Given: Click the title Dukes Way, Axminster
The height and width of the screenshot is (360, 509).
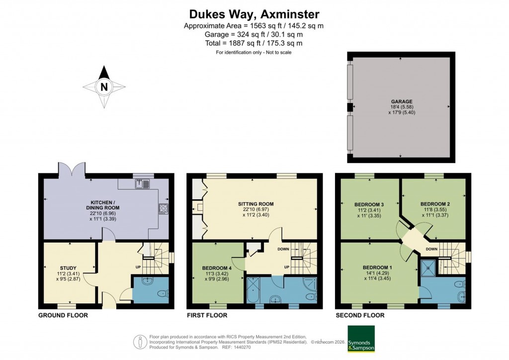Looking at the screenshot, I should (x=254, y=14).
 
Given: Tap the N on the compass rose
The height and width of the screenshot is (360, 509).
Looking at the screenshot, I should (x=104, y=87).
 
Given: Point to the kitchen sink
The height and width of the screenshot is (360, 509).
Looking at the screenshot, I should (x=142, y=184).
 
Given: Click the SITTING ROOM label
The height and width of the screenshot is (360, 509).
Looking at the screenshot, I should (x=255, y=204).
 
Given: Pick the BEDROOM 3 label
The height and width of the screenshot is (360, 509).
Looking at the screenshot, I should (x=367, y=204).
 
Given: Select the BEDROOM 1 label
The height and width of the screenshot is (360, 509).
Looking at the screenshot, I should (x=377, y=268).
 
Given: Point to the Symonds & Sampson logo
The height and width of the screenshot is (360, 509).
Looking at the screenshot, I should (x=360, y=339).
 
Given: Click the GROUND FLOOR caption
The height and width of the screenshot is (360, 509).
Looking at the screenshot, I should (x=63, y=315).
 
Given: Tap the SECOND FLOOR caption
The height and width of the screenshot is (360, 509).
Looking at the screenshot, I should (x=360, y=315).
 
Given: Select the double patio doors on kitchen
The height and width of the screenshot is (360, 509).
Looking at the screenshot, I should (x=70, y=169).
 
